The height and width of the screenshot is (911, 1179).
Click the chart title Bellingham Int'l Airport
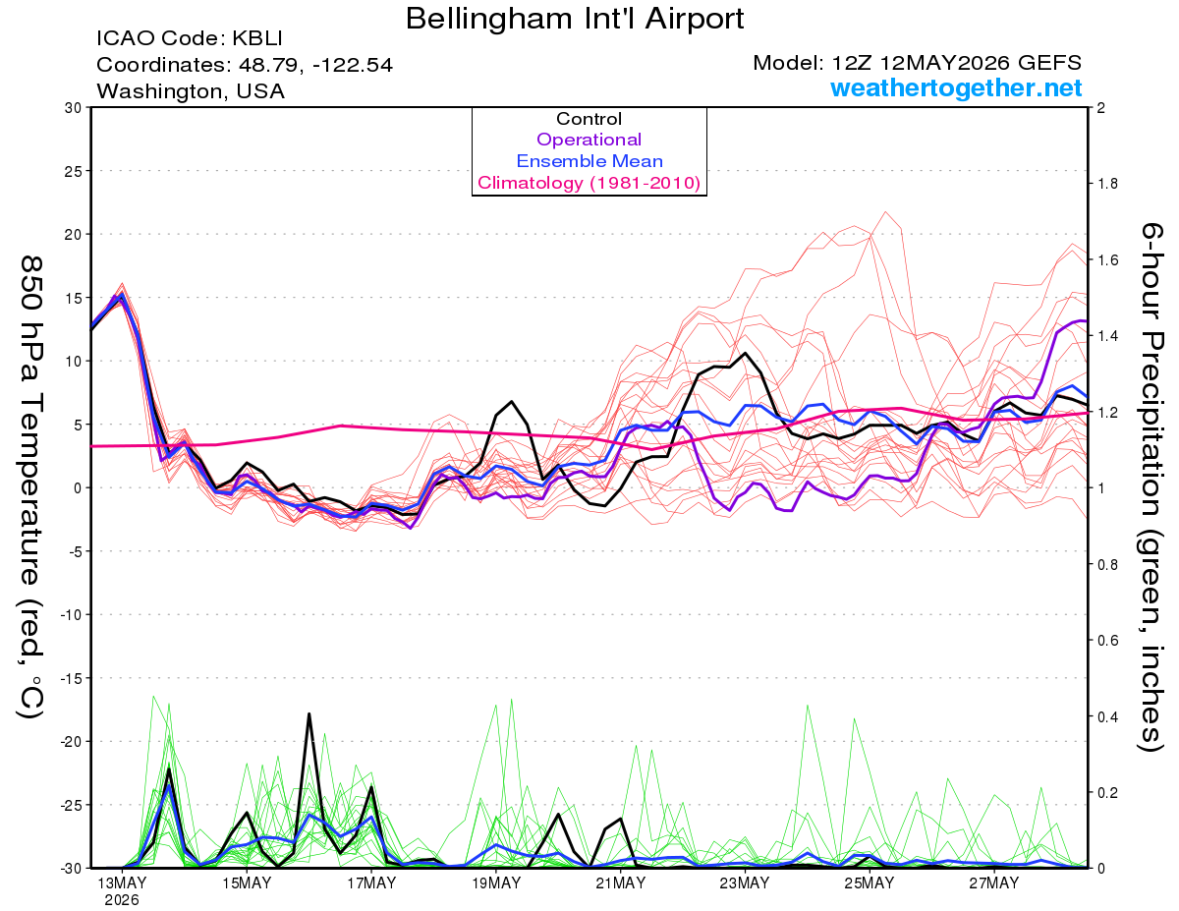(575, 19)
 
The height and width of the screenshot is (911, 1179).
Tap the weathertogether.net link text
(956, 87)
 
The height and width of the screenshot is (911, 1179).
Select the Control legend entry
(589, 119)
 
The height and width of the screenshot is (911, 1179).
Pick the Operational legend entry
(589, 140)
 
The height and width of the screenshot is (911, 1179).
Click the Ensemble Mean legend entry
(589, 161)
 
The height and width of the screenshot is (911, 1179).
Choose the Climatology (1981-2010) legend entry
(589, 183)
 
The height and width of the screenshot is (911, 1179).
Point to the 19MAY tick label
(496, 883)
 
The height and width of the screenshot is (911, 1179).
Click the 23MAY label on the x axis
(745, 883)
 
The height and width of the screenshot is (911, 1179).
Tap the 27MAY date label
(993, 883)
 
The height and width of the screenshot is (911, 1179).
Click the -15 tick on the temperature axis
(71, 678)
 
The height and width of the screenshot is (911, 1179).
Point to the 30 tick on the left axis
(74, 108)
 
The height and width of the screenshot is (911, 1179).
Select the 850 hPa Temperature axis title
(31, 487)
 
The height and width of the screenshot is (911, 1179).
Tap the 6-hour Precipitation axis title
(1151, 486)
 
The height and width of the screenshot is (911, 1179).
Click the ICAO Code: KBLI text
(190, 38)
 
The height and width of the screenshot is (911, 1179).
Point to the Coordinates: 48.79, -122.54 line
(245, 65)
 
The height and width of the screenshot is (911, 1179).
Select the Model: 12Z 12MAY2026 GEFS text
(917, 63)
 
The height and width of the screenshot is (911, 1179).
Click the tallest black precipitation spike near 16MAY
(309, 714)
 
